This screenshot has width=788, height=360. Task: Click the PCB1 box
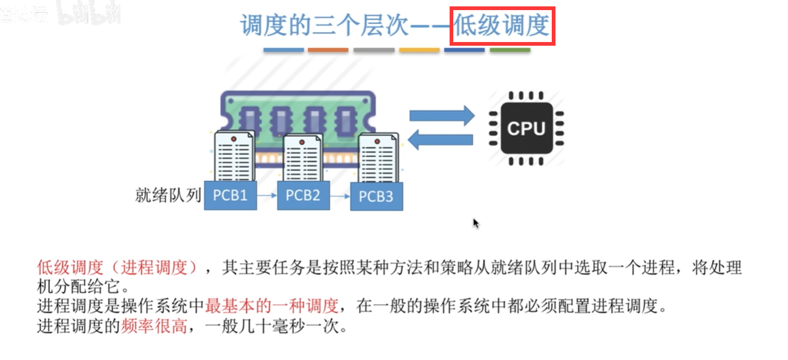pos(230,195)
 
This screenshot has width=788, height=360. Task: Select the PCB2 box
pos(303,195)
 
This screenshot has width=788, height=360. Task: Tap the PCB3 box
pos(376,196)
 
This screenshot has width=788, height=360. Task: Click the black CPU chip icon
pos(526,129)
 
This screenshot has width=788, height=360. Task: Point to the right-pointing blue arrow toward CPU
pos(441,115)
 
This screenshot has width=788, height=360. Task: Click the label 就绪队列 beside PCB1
pos(168,195)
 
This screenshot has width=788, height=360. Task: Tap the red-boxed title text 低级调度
pos(502,26)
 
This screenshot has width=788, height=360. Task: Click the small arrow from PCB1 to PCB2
pos(267,196)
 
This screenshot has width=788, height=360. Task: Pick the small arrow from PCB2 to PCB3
pos(340,196)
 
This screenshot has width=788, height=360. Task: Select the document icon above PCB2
pos(302,158)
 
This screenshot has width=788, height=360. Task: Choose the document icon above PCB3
pos(377,158)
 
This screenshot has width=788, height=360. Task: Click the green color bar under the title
pos(510,50)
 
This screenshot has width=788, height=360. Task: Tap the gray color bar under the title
pos(374,50)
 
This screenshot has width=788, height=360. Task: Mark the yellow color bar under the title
pos(419,50)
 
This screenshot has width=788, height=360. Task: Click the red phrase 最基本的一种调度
pos(272,306)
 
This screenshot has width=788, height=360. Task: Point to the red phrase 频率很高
pos(154,325)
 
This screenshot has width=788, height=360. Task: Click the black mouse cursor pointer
pos(476,223)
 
